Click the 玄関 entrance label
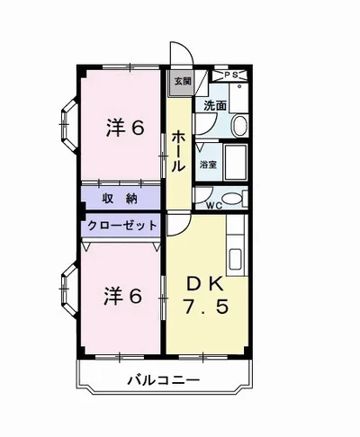coord(182,81)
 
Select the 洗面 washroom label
coord(214,105)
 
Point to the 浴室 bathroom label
coord(208,165)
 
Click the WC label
coord(214,206)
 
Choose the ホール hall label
coord(179,151)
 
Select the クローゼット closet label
coord(122,225)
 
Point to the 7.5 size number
coord(208,307)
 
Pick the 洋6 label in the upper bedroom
coord(124,129)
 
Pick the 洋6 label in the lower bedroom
coord(123,295)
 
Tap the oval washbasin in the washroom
coord(239,125)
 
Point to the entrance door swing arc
coord(178,54)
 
